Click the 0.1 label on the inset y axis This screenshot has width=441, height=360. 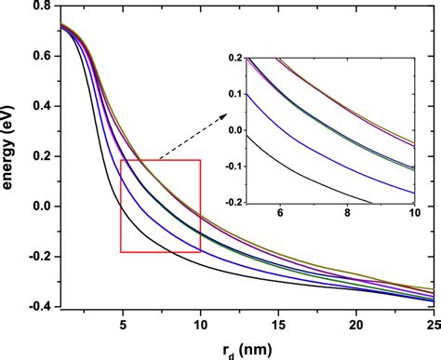click(217, 94)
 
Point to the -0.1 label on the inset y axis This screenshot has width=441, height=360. click(215, 167)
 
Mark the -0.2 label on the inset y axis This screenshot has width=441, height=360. click(215, 202)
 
